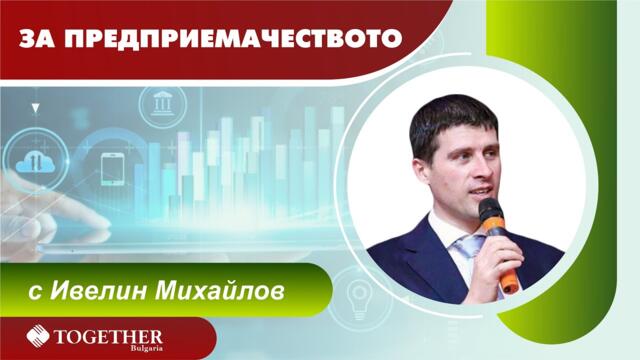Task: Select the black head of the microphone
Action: point(490,213)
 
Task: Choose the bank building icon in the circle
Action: point(162,103)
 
